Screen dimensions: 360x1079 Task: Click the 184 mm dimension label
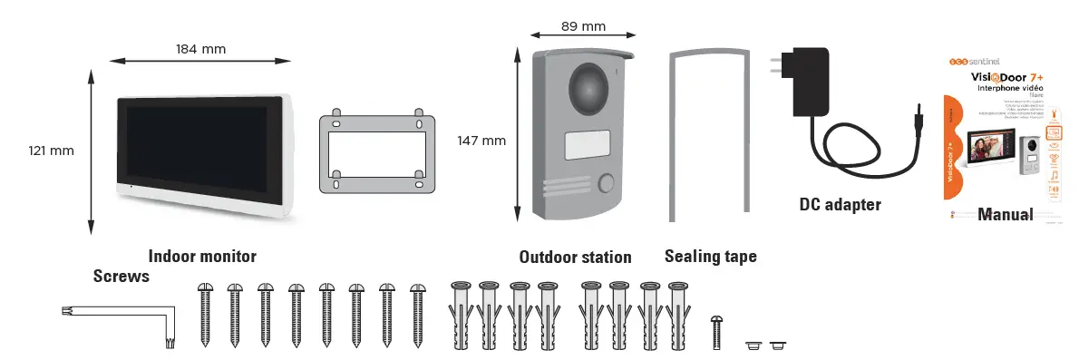[200, 49]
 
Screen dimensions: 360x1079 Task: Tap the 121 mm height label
[50, 151]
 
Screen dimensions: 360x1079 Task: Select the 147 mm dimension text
[481, 140]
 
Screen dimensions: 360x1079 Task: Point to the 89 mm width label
[584, 26]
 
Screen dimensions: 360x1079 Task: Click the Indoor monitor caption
[202, 257]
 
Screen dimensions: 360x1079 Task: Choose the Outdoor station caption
[575, 257]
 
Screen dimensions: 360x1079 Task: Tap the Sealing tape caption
[710, 257]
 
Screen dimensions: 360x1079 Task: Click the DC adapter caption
[840, 205]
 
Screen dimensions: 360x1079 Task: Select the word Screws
[121, 277]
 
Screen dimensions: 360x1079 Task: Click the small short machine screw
[718, 331]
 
